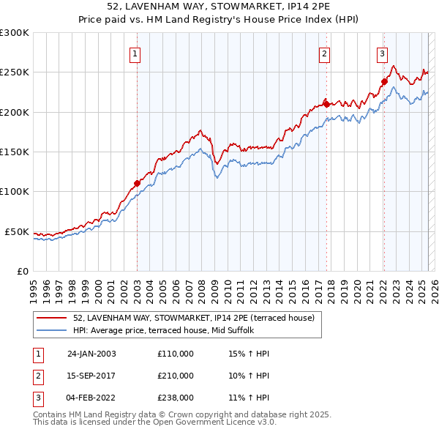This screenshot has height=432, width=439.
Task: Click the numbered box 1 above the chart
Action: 136,53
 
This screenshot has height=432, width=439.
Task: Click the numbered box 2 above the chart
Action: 324,53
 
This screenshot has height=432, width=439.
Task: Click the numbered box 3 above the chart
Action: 382,53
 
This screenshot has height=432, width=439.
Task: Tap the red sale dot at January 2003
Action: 137,183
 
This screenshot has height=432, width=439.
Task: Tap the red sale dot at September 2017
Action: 326,103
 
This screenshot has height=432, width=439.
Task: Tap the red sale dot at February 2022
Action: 383,81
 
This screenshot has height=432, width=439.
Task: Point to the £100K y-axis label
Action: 15,191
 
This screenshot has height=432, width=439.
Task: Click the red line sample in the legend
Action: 51,319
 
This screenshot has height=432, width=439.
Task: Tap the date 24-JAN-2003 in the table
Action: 91,354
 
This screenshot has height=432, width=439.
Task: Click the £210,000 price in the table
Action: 176,376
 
